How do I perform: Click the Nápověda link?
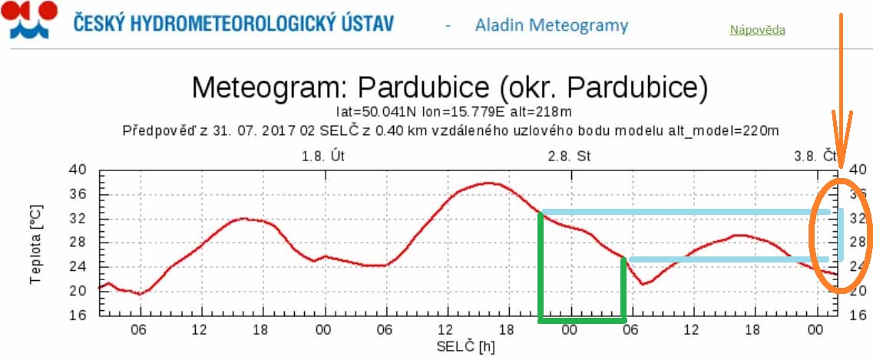coord(757,30)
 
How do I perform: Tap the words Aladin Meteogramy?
coord(551,25)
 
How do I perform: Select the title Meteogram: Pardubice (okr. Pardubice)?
coord(449,87)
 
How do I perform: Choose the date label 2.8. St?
coord(569,156)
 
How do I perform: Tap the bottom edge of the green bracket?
coord(582,319)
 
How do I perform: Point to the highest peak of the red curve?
coord(490,183)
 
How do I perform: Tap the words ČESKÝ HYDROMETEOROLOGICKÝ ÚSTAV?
coord(234,23)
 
